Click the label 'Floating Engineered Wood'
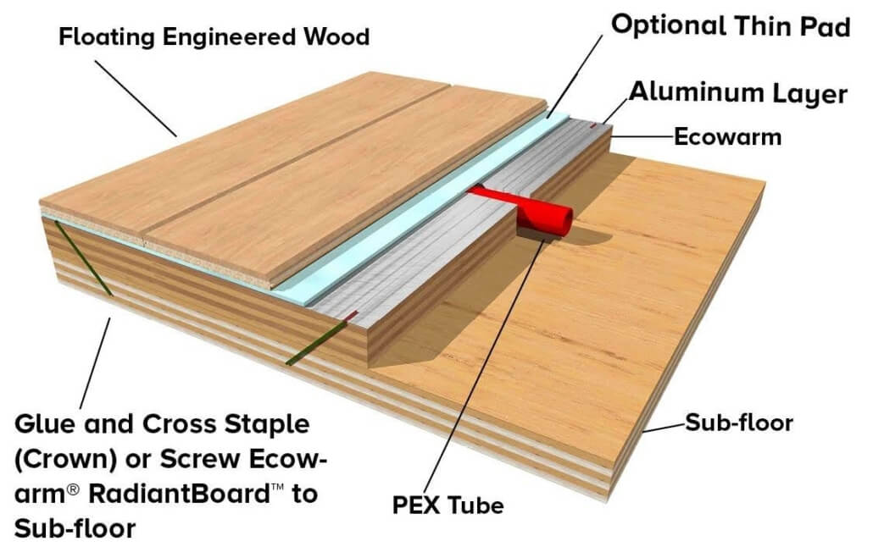point(214,37)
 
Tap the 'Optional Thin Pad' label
point(730,26)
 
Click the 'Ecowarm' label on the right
point(727,136)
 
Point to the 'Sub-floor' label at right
point(738,422)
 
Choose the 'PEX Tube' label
point(448,506)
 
